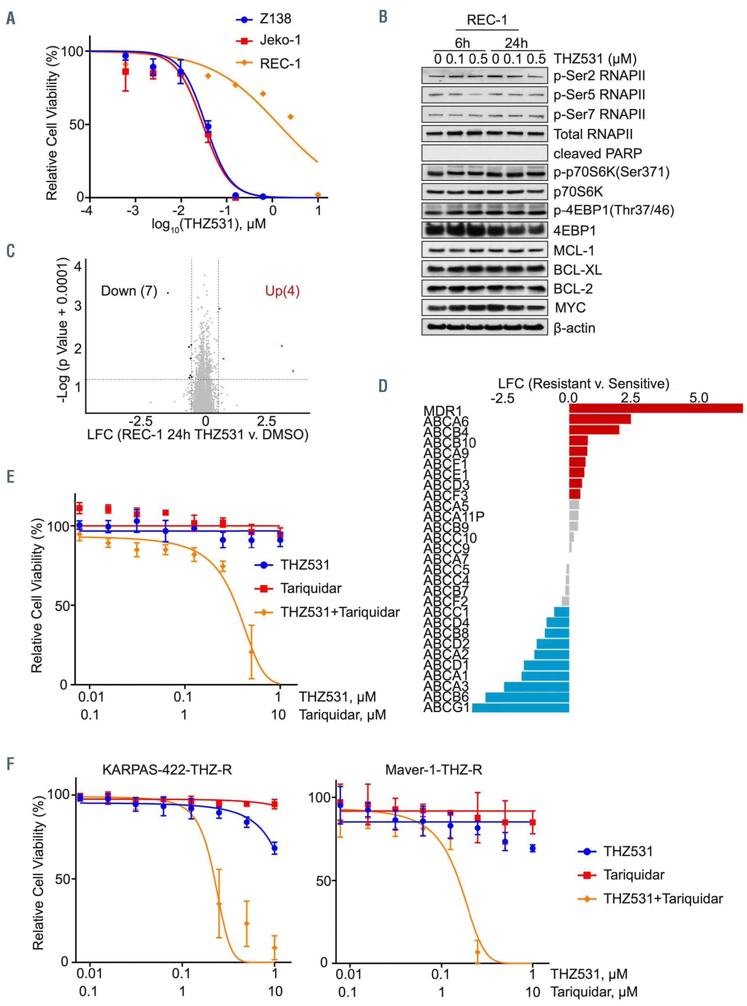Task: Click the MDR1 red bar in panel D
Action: [655, 408]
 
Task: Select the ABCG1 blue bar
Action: [520, 708]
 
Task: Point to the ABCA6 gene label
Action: [446, 422]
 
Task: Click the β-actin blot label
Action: [574, 328]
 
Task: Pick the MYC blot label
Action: [570, 308]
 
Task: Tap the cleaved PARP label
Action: [597, 154]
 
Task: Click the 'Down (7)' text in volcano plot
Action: [129, 291]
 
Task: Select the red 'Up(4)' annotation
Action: [282, 291]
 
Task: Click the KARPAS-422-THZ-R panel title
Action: [167, 770]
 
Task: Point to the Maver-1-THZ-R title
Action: [433, 770]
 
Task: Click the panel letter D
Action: [383, 386]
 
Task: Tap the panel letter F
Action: [10, 764]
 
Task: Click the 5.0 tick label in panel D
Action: [699, 398]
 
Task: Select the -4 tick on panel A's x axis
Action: [86, 210]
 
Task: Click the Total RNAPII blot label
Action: [593, 134]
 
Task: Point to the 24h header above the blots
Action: [516, 43]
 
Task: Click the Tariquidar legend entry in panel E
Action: [310, 588]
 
